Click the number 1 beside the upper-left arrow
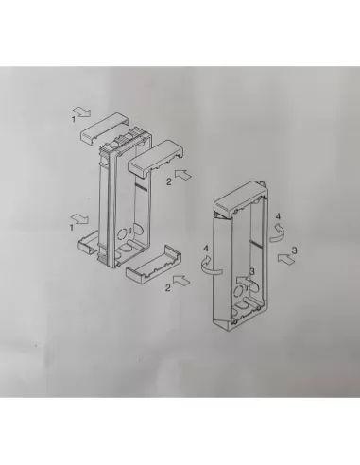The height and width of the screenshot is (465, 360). [74, 119]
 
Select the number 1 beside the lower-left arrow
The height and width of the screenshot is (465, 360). [73, 226]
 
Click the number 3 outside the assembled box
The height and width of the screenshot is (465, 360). [296, 249]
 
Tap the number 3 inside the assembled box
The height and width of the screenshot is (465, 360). [250, 272]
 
